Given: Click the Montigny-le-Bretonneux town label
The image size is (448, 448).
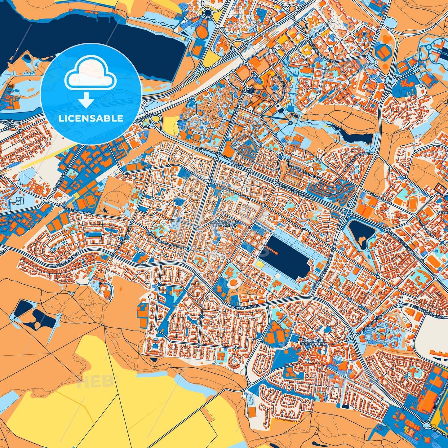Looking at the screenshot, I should pos(224,224).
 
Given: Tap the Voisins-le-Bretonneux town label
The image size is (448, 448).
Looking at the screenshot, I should pos(314,342).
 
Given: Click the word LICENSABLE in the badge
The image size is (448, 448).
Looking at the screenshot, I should pos(91,118).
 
